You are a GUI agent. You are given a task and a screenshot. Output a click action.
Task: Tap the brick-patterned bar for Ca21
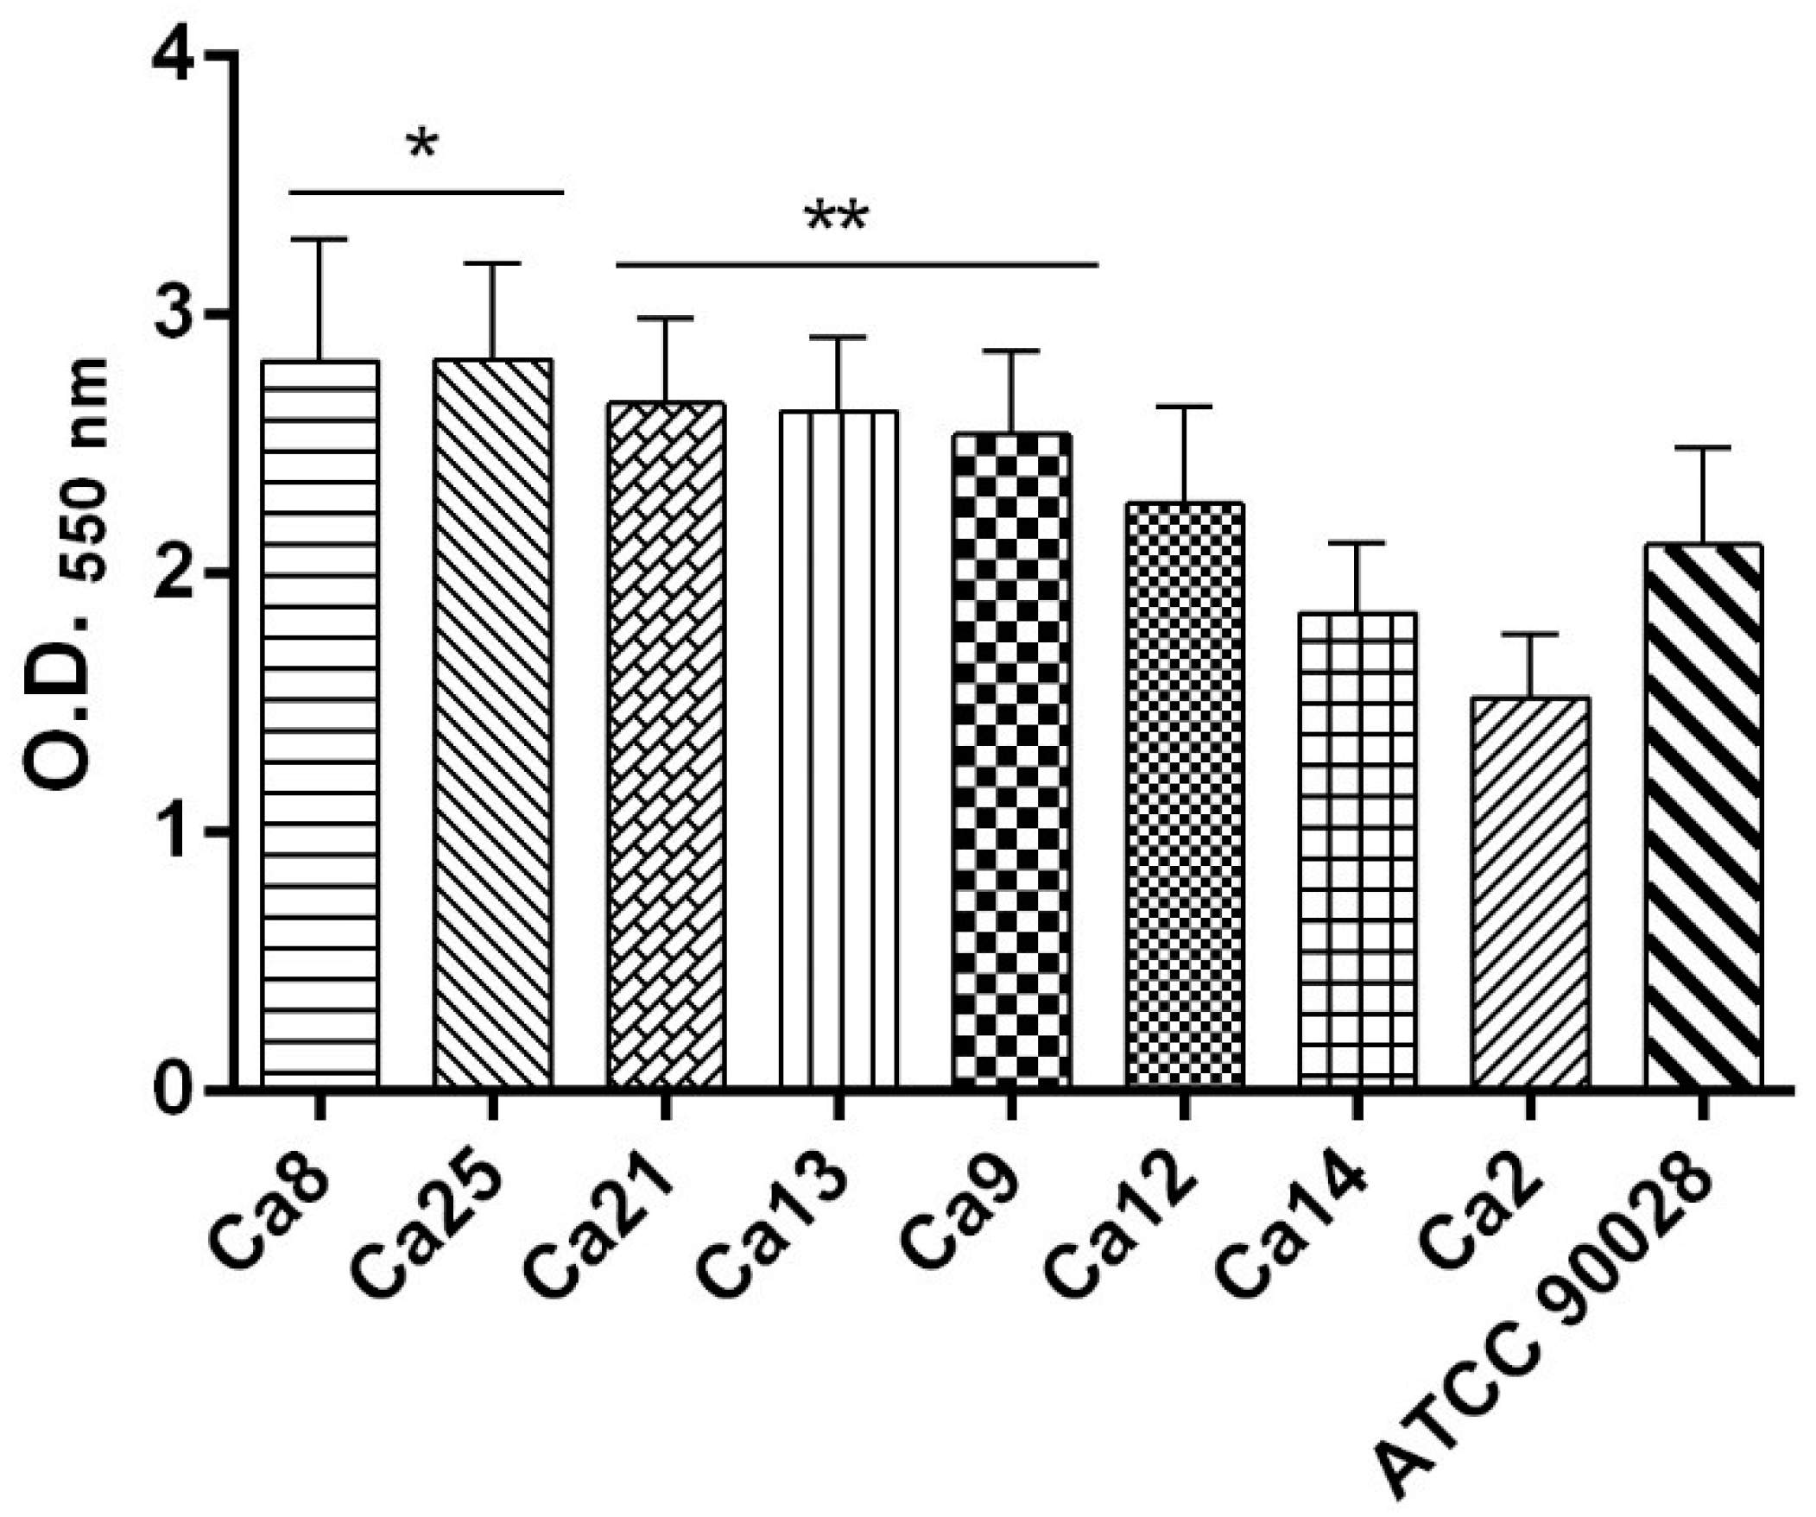[666, 743]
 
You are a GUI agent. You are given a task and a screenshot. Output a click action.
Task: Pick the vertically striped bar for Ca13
[838, 748]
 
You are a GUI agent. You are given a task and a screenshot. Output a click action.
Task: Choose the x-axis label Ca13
[774, 1228]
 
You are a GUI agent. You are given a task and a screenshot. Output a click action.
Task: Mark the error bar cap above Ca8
[320, 238]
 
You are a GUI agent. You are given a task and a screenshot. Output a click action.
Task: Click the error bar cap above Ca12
[1185, 407]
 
